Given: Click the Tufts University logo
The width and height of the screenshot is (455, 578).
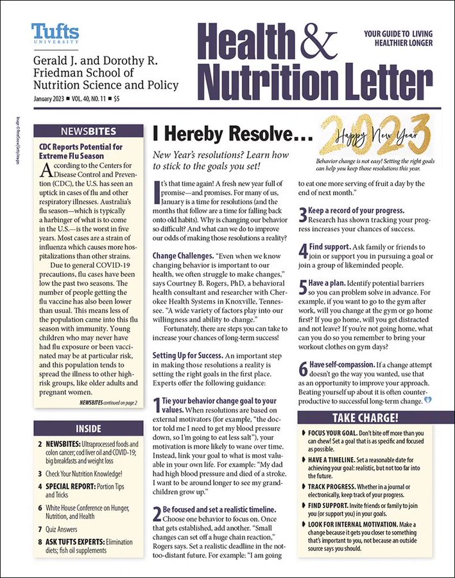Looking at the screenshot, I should click(55, 33).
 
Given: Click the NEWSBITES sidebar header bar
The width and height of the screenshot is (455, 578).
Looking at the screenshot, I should click(88, 131).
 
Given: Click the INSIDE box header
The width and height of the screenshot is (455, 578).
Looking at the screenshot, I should click(88, 428).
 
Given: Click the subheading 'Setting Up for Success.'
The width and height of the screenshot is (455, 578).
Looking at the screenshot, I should click(187, 356).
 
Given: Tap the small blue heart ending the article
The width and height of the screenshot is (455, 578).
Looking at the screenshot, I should click(428, 401).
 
